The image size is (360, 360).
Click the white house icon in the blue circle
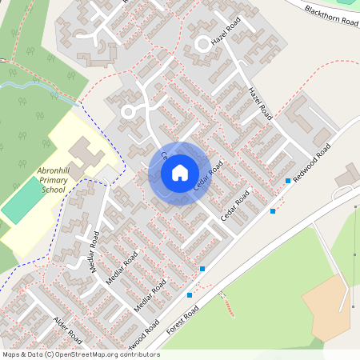pyautogui.click(x=180, y=172)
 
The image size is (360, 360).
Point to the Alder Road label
pyautogui.click(x=67, y=330)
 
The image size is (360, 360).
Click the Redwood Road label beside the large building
pyautogui.click(x=311, y=164)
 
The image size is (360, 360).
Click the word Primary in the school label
pyautogui.click(x=54, y=182)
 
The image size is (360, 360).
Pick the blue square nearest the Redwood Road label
pyautogui.click(x=288, y=182)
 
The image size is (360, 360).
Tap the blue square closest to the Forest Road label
pyautogui.click(x=190, y=295)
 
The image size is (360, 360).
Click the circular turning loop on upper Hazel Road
pyautogui.click(x=203, y=44)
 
